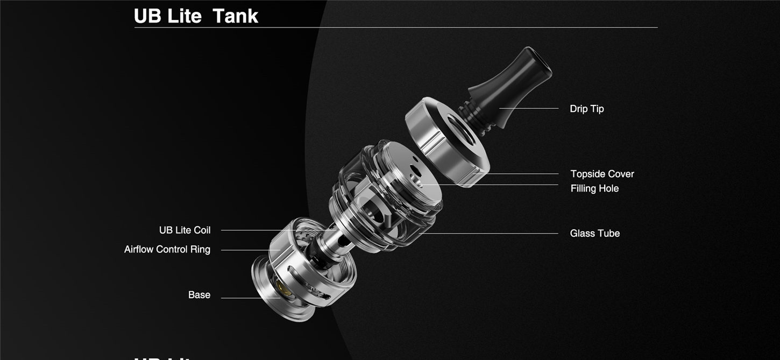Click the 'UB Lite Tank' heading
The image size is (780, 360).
coord(196,16)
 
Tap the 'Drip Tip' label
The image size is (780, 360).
coord(586,109)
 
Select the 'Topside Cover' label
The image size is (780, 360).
coord(602,174)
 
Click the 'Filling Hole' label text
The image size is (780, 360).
coord(594,188)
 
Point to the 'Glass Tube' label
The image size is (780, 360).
coord(594,234)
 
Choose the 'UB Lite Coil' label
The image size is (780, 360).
coord(185,230)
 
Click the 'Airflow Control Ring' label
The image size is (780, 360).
coord(167,250)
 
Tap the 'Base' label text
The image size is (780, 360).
coord(199,295)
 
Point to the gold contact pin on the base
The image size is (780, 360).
coord(285,291)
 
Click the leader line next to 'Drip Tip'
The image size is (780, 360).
coord(530,109)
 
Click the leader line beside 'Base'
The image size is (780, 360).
coord(247,298)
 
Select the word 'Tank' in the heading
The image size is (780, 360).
coord(235,16)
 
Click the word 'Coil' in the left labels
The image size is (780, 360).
coord(202,230)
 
